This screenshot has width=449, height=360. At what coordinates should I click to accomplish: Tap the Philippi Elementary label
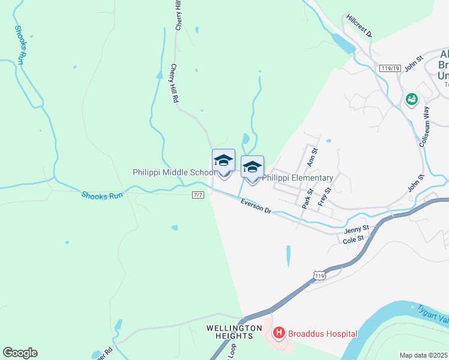pos(298,178)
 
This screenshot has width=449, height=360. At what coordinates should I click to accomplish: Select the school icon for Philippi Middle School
pos(223,161)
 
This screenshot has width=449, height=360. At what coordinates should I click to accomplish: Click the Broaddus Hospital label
pos(323,334)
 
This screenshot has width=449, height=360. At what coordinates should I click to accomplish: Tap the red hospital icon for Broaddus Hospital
pos(279,332)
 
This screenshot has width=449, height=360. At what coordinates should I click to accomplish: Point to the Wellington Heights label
pos(234,332)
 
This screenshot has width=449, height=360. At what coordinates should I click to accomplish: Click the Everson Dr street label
pos(256,206)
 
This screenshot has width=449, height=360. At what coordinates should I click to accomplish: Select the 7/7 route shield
pos(199,195)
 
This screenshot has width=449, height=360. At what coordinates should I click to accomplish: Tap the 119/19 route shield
pos(390,68)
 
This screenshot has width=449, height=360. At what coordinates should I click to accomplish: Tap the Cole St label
pos(353,239)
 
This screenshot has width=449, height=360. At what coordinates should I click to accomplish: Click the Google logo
pos(20,353)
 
